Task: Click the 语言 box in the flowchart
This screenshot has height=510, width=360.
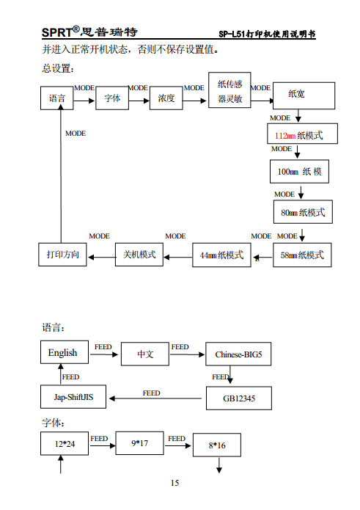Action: coord(57,98)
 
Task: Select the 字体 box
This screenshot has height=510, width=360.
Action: coord(111,98)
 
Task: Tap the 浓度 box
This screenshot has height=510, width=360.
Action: coord(166,98)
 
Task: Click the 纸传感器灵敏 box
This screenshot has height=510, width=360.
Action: coord(229,92)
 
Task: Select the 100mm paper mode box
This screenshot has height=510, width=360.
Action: coord(298,172)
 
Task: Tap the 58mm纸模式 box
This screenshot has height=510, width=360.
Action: coord(302,255)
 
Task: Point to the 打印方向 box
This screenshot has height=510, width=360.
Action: coord(62,255)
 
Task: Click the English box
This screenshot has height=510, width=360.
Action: coord(63,353)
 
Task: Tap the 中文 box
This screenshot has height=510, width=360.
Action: coord(145,354)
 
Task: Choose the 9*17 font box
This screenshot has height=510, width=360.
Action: coord(139,443)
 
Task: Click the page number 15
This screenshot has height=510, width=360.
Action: coord(175,483)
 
